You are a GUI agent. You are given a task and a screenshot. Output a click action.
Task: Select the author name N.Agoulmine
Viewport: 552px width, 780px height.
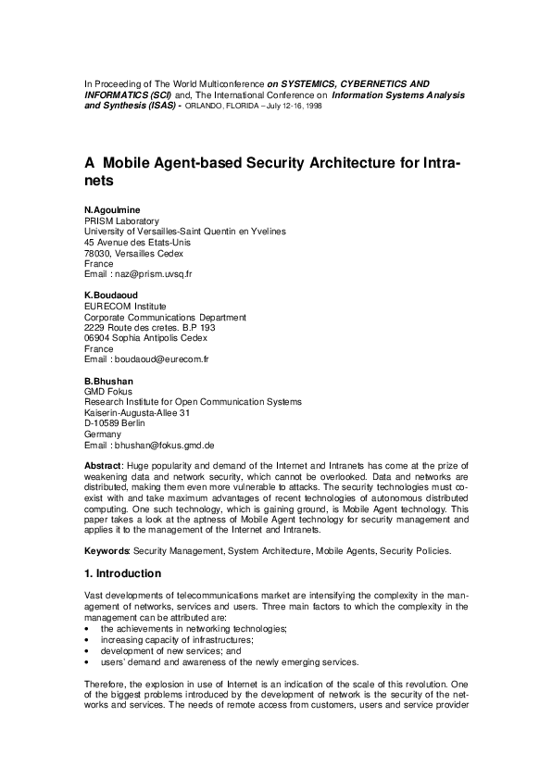click(112, 210)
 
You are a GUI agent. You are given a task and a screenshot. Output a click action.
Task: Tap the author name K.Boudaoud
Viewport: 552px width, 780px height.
click(111, 296)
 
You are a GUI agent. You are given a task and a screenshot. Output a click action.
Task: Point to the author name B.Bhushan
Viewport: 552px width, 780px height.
click(108, 380)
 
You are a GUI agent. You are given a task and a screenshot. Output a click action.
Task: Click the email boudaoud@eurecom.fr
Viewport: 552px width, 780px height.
click(161, 359)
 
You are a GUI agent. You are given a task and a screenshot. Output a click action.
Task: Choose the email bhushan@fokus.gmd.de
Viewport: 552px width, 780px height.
click(165, 445)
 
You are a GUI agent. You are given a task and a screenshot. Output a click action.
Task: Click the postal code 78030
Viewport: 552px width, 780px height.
click(97, 253)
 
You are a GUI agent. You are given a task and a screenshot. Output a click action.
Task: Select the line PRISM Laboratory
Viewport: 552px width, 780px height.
click(120, 220)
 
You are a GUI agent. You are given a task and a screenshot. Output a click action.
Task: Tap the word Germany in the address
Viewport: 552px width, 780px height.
click(102, 434)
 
